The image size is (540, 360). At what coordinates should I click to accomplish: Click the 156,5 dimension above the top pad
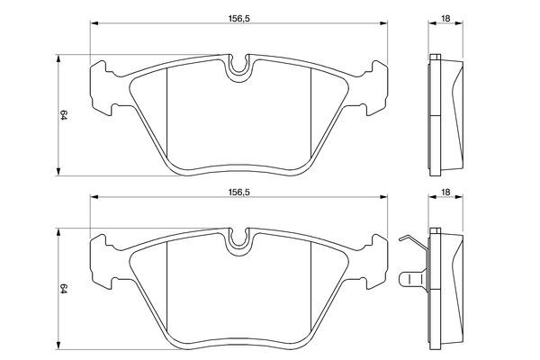coord(238,19)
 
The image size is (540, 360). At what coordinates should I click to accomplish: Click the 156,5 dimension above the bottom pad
coord(238,193)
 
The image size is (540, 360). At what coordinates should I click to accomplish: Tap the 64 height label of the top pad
coord(64,115)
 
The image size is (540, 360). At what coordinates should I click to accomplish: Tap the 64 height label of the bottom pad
coord(64,289)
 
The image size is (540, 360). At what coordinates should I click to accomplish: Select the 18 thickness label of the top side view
coord(445,19)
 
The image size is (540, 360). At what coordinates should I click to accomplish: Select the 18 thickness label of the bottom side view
coord(445,193)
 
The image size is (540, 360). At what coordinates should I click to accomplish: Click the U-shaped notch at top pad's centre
coord(238,68)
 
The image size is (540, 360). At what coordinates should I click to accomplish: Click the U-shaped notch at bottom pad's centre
coord(238,242)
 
